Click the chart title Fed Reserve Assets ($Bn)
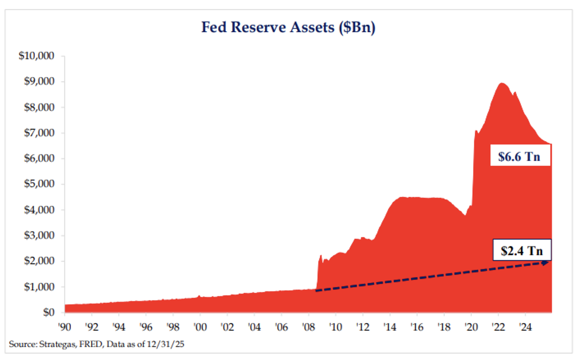point(288,27)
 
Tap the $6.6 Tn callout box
point(520,155)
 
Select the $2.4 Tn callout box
point(522,250)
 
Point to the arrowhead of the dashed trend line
point(545,263)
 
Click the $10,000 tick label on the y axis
point(36,56)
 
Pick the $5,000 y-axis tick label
point(39,184)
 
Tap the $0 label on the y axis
point(48,312)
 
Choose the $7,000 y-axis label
point(39,132)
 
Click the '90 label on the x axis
point(64,327)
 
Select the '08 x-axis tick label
point(309,327)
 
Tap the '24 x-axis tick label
point(525,327)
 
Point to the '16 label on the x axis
point(417,327)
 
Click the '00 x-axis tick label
point(200,327)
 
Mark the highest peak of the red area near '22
point(502,83)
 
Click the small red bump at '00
point(199,296)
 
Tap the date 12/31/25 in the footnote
point(166,344)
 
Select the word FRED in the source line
point(91,344)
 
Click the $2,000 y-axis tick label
point(39,261)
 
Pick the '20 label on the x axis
point(471,327)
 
